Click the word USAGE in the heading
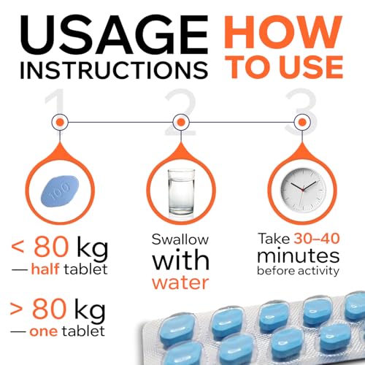(114, 35)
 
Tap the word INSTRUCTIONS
(114, 70)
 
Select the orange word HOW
(283, 31)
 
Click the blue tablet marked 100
(60, 191)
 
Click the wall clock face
(302, 190)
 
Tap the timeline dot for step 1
(60, 122)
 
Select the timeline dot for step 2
(181, 122)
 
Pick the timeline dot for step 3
(302, 122)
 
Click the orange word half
(45, 269)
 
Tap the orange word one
(44, 332)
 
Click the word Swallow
(180, 239)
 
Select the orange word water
(180, 283)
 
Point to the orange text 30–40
(317, 239)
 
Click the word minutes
(299, 255)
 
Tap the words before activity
(298, 271)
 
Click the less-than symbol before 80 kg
(18, 247)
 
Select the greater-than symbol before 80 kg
(16, 309)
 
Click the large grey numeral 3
(301, 112)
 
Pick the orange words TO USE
(286, 66)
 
